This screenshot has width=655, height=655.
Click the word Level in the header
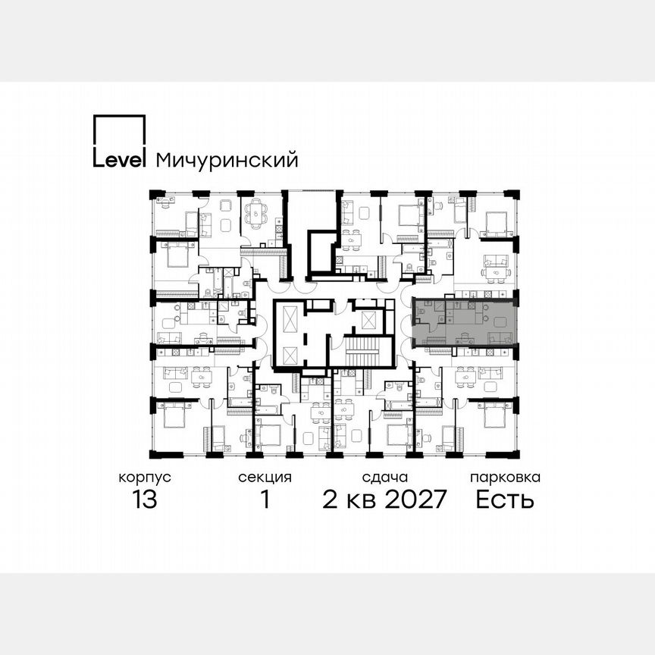point(119,160)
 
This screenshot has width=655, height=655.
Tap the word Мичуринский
point(226,160)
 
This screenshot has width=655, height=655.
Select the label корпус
point(144,478)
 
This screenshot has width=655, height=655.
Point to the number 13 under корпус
point(144,500)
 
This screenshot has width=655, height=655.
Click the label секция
point(265,478)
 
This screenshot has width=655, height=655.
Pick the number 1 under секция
point(265,500)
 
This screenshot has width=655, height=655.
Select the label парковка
point(505,478)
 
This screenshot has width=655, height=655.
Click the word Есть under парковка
point(505,500)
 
